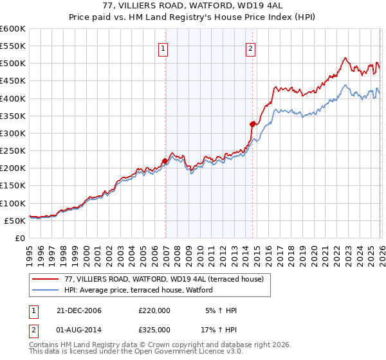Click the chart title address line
pos(193,5)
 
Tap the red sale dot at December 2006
pos(165,161)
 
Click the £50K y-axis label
pos(14,221)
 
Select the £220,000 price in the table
pos(154,310)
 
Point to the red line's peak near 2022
pos(345,59)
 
